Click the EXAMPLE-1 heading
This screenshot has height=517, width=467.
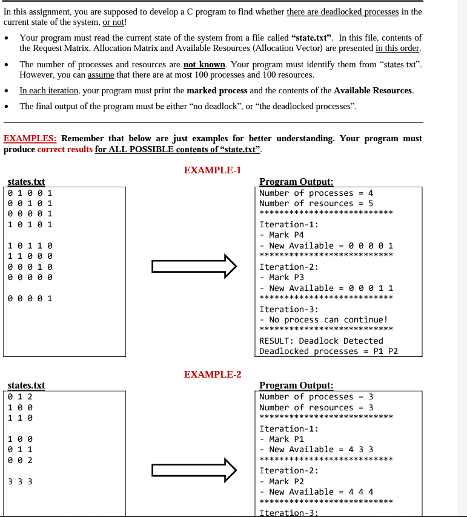[x=213, y=170]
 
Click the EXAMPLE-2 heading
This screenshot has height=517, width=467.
[x=213, y=374]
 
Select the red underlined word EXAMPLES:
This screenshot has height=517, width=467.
[x=30, y=138]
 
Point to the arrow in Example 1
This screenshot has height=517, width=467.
[x=194, y=266]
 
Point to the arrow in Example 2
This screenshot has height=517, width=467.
[x=194, y=470]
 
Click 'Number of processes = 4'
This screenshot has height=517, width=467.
[x=316, y=193]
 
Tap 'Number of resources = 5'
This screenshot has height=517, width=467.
[x=316, y=204]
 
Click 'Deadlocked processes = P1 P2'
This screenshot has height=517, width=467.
[x=328, y=352]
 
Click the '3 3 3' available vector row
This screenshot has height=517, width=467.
[x=21, y=482]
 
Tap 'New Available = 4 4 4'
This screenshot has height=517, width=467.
[x=321, y=492]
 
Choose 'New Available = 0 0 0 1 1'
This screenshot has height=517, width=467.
[x=331, y=288]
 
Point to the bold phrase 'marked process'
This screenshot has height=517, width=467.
[x=217, y=90]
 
